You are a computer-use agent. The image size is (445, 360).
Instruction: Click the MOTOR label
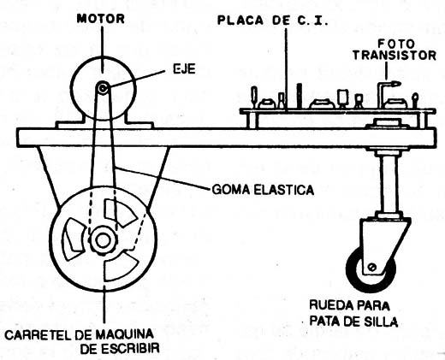[x=101, y=19]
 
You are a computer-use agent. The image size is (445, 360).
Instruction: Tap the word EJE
[x=185, y=69]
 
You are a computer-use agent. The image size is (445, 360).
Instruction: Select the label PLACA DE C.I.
[x=273, y=21]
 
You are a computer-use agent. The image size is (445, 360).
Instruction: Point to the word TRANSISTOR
[x=395, y=56]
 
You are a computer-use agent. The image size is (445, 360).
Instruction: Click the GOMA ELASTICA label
[x=263, y=190]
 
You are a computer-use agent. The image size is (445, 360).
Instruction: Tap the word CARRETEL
[x=39, y=334]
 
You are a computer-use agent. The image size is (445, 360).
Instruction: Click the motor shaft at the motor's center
[x=103, y=88]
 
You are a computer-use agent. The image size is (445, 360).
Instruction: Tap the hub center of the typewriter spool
[x=103, y=240]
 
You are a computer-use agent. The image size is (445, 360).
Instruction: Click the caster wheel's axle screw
[x=372, y=267]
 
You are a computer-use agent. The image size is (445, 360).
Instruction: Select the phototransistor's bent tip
[x=395, y=84]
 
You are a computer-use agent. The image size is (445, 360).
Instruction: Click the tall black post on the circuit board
[x=299, y=96]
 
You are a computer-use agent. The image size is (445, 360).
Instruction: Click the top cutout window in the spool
[x=119, y=213]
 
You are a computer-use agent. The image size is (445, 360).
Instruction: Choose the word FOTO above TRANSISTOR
[x=396, y=44]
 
